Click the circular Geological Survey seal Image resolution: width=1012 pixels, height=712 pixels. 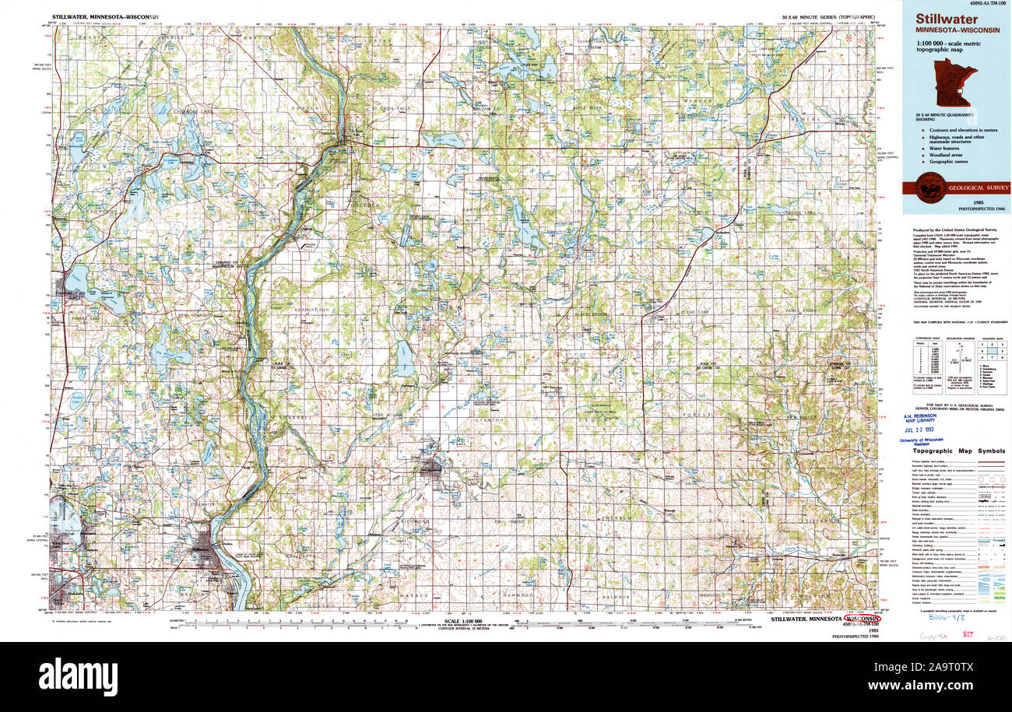point(929,188)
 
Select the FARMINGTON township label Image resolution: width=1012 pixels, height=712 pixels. point(314,310)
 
